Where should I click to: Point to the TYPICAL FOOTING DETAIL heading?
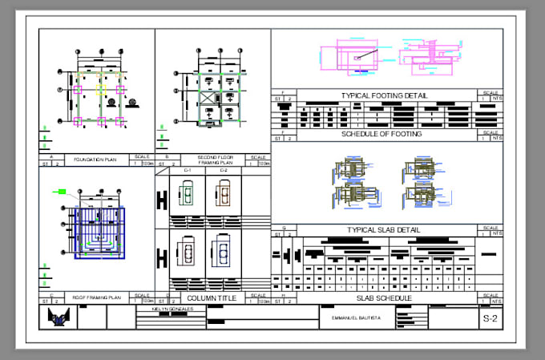(384, 95)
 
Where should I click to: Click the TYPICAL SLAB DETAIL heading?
(384, 230)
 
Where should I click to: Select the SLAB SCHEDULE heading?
(384, 297)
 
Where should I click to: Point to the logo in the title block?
(57, 318)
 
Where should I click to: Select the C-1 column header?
(188, 171)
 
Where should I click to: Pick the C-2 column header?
(223, 171)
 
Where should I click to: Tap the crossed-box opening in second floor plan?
(206, 99)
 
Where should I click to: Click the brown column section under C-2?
(223, 193)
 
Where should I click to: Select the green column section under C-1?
(188, 193)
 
